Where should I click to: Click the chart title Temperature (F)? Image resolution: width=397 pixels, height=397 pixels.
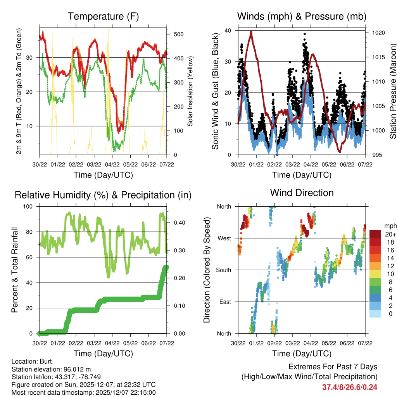pyautogui.click(x=103, y=17)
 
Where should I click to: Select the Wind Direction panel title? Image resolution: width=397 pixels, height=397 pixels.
pyautogui.click(x=302, y=193)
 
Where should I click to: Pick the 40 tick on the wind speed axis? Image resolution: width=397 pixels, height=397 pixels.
pyautogui.click(x=228, y=31)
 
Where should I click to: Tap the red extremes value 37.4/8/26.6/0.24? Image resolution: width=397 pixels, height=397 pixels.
pyautogui.click(x=350, y=387)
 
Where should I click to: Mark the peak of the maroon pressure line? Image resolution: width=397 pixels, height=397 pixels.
pyautogui.click(x=251, y=32)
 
